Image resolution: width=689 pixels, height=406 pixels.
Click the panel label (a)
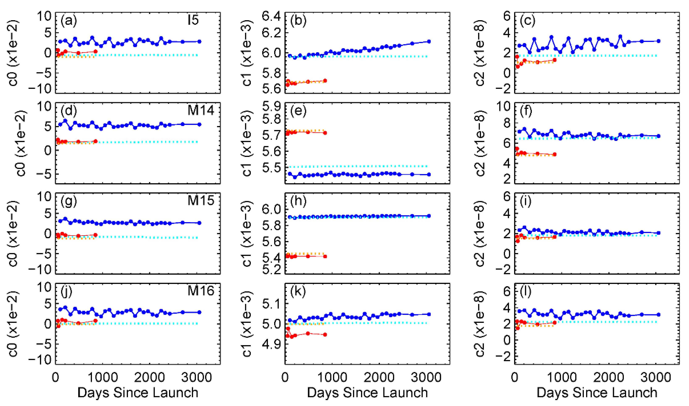69,21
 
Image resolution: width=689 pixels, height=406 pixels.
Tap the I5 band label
193,20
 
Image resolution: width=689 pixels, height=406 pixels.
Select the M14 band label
201,110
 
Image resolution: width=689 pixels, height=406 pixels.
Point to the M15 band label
201,201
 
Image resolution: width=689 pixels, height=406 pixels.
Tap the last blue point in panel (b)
429,42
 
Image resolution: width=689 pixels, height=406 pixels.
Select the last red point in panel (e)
325,133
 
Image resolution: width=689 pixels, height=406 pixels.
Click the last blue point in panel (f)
658,136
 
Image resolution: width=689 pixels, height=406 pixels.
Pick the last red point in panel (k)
325,335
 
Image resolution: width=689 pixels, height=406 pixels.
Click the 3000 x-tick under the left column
197,378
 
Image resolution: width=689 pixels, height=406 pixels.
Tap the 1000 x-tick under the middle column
332,378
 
